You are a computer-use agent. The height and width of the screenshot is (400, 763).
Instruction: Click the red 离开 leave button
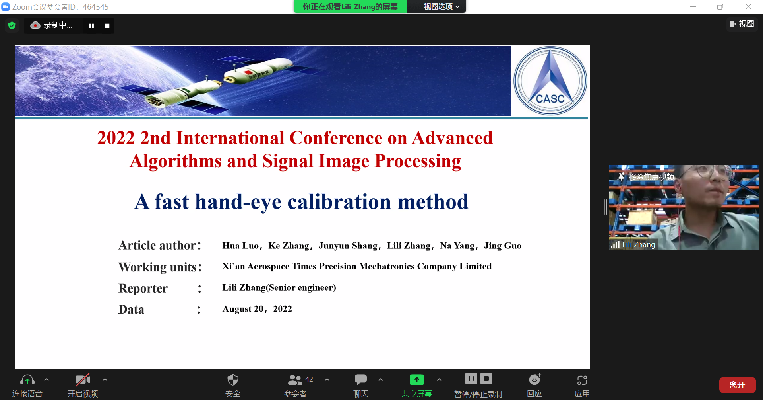(x=737, y=385)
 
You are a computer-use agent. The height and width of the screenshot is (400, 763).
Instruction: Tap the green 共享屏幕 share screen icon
(x=416, y=380)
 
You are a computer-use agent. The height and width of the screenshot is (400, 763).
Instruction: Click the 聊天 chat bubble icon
(x=360, y=380)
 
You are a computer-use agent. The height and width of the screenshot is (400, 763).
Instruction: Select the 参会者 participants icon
(x=295, y=380)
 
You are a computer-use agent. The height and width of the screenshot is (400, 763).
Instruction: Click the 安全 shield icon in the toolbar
(x=233, y=380)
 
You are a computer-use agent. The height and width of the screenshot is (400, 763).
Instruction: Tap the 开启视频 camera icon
(x=83, y=380)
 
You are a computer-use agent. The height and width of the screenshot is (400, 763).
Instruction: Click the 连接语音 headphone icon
(x=27, y=380)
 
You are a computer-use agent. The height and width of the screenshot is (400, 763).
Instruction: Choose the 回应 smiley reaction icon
(x=535, y=379)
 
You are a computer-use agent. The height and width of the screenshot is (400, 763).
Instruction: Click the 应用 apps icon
(x=582, y=380)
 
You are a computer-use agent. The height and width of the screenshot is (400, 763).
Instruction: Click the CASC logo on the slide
(x=550, y=81)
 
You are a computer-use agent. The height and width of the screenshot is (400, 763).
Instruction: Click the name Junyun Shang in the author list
(x=348, y=246)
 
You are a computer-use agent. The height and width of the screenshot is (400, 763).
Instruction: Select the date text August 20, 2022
(x=257, y=309)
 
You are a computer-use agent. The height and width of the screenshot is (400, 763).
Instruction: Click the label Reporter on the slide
(x=143, y=288)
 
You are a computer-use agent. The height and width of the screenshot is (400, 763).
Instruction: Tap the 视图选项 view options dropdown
(x=441, y=7)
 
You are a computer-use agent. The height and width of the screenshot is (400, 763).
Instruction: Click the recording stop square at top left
(x=107, y=26)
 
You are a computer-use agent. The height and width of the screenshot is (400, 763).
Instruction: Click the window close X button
(x=748, y=7)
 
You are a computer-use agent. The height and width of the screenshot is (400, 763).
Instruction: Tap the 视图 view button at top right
(x=742, y=24)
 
